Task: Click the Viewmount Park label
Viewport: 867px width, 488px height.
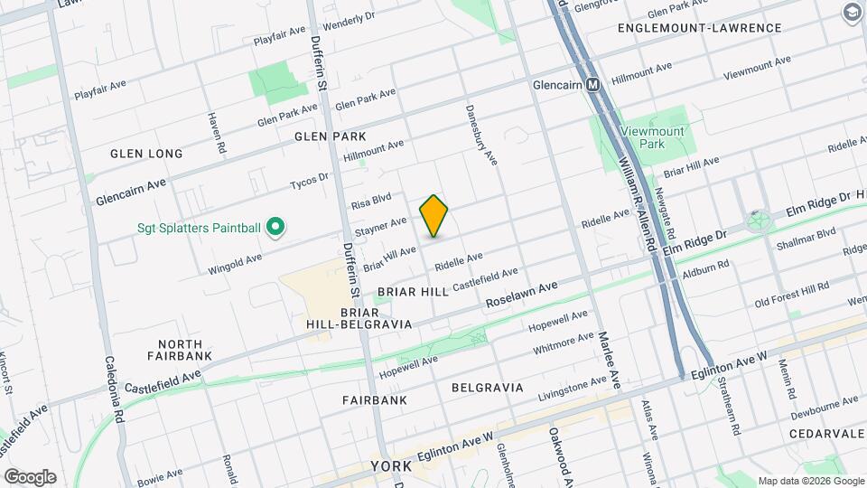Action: coord(653,137)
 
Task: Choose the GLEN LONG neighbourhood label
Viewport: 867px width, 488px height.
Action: coord(146,154)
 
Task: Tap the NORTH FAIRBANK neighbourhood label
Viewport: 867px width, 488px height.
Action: coord(185,350)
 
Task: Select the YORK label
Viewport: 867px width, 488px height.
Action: coord(391,467)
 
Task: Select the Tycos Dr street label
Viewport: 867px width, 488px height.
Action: coord(310,182)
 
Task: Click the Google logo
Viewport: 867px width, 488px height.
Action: coord(30,476)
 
